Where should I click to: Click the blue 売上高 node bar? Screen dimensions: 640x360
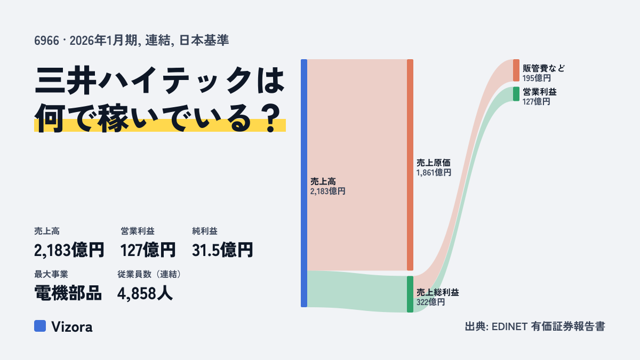click(304, 183)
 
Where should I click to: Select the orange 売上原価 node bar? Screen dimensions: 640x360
click(410, 165)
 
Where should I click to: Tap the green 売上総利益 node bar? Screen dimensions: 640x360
click(410, 294)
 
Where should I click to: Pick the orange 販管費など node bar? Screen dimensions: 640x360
click(516, 70)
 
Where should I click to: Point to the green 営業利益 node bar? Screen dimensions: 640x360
click(516, 94)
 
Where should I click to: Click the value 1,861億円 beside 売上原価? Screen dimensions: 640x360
click(434, 173)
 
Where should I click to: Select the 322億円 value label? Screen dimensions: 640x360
click(430, 302)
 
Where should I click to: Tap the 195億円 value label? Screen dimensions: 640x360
click(537, 78)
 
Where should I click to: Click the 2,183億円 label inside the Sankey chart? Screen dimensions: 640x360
click(327, 191)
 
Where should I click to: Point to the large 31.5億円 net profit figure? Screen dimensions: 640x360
click(222, 250)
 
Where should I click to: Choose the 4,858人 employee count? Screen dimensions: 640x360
click(145, 293)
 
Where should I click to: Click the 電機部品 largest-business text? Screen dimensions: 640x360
click(68, 293)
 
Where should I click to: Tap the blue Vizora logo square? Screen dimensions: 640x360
click(40, 326)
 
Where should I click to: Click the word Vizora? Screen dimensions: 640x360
click(72, 327)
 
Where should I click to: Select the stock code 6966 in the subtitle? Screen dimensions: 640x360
click(46, 41)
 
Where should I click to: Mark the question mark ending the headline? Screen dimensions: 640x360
click(271, 118)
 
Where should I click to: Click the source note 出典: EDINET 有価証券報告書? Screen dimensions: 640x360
click(535, 326)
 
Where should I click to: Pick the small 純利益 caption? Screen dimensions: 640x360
click(205, 231)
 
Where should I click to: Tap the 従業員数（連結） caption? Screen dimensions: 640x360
click(149, 274)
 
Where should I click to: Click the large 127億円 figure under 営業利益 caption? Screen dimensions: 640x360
click(148, 250)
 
